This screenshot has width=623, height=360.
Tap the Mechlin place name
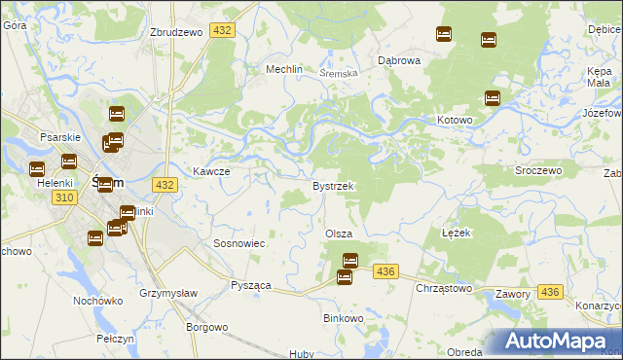pyautogui.click(x=286, y=70)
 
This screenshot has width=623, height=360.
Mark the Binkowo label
pyautogui.click(x=343, y=318)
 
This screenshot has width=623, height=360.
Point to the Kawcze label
pyautogui.click(x=210, y=171)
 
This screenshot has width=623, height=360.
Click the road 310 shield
pyautogui.click(x=64, y=198)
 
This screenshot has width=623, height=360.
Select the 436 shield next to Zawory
pyautogui.click(x=551, y=292)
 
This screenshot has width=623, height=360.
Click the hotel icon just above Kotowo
pyautogui.click(x=493, y=98)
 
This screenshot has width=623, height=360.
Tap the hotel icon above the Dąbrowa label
pyautogui.click(x=444, y=34)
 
